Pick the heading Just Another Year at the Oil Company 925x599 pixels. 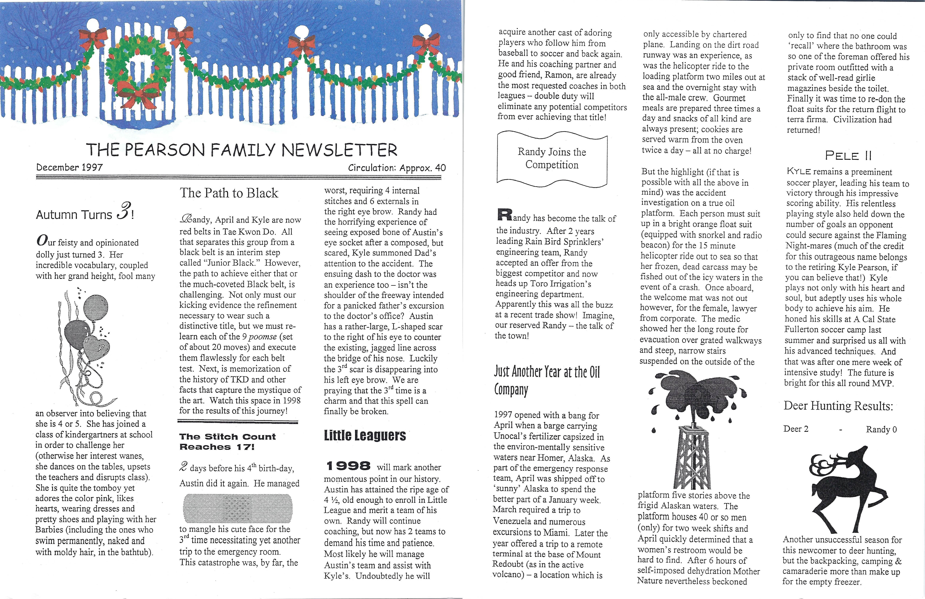click(546, 380)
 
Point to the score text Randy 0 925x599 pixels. click(881, 429)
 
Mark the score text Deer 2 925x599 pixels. click(796, 429)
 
